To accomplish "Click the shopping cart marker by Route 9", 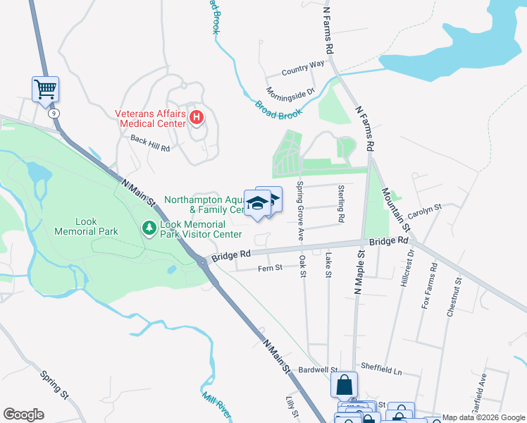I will click(x=45, y=89).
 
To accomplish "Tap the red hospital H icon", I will click(x=197, y=118).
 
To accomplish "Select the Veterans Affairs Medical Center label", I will click(x=151, y=118).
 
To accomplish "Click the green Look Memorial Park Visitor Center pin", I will click(x=149, y=228).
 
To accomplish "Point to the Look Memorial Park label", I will click(x=86, y=226).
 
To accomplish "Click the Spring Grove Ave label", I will click(x=300, y=211).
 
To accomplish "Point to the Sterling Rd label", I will click(x=341, y=204).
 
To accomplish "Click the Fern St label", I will click(x=270, y=268).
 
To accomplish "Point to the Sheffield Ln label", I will click(x=380, y=368).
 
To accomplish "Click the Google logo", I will click(x=23, y=415).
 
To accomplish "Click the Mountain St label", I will click(x=395, y=209).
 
